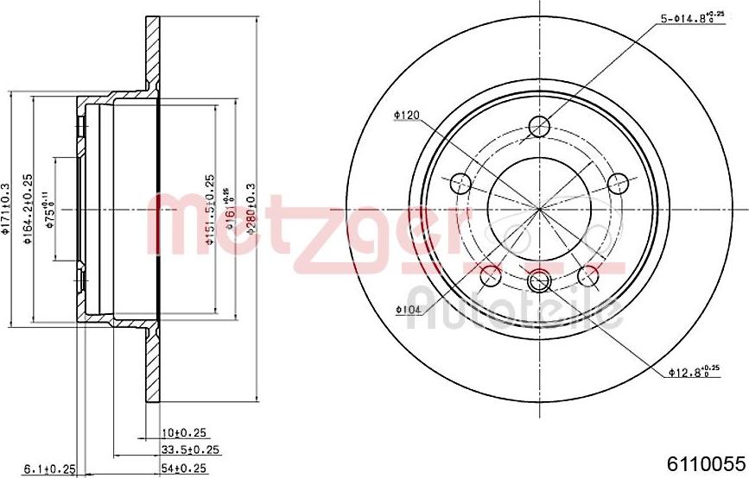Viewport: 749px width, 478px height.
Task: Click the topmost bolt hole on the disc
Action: [x=538, y=126]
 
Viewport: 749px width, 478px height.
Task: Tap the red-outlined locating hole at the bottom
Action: [x=538, y=280]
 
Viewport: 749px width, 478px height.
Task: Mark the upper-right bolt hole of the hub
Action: [x=618, y=183]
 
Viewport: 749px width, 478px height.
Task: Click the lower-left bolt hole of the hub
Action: [x=490, y=276]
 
